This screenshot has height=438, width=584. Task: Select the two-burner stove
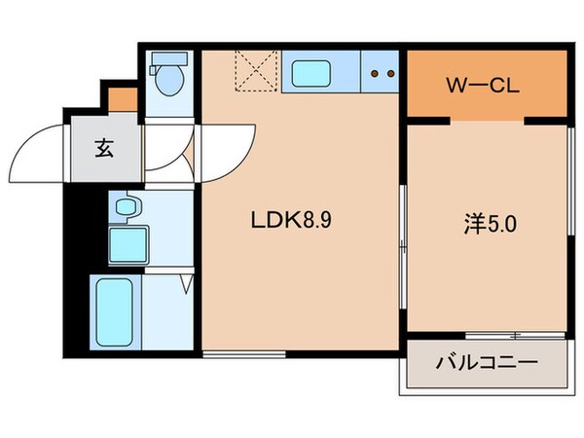pos(383,73)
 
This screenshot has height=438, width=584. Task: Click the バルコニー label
pos(486,365)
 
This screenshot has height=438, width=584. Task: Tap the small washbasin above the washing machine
pos(125,206)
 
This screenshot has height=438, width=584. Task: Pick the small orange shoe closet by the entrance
pos(123,98)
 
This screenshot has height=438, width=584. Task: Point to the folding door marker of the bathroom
pos(186,284)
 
